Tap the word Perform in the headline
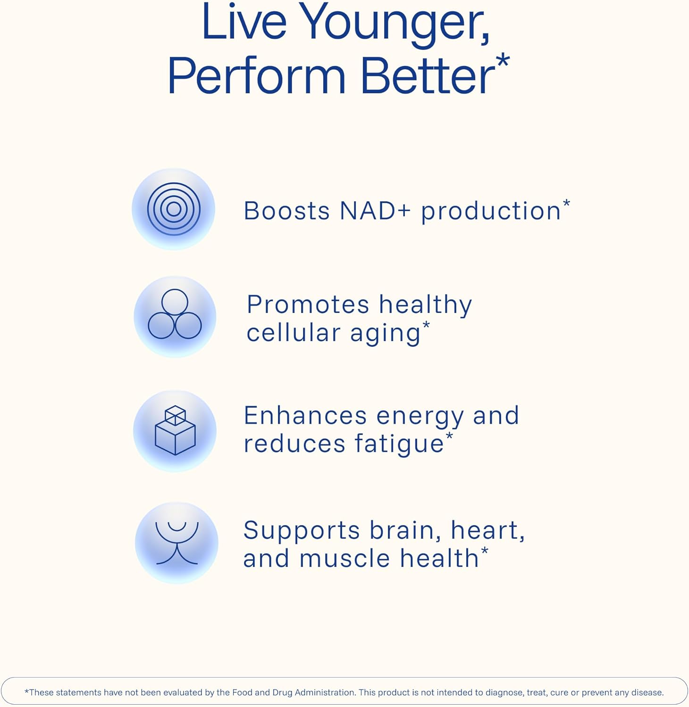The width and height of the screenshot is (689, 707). (x=257, y=76)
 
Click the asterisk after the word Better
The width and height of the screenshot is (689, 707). (x=503, y=61)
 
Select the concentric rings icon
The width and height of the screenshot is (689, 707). (x=174, y=209)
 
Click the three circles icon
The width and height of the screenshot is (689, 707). (x=175, y=315)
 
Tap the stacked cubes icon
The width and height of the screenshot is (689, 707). (x=175, y=430)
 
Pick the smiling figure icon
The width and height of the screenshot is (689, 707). (x=177, y=543)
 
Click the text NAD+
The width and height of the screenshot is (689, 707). (x=375, y=211)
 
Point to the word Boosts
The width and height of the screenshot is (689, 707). (x=286, y=211)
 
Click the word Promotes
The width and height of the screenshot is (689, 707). (x=308, y=304)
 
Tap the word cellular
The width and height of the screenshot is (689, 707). (x=293, y=333)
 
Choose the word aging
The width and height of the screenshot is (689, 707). (x=385, y=334)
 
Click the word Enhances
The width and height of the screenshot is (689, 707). (x=305, y=416)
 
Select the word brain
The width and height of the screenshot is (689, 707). (x=401, y=530)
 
